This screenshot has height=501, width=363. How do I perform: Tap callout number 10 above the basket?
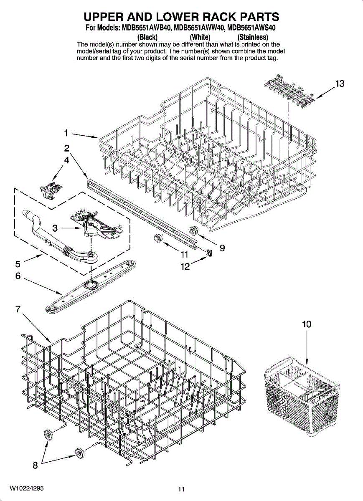click(x=307, y=324)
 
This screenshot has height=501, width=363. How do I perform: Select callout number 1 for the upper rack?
click(x=66, y=133)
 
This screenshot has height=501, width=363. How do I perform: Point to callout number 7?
click(x=18, y=309)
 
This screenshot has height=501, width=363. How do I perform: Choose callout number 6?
click(x=18, y=276)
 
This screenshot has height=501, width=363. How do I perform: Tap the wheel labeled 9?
click(x=193, y=230)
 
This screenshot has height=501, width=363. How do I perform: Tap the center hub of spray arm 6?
click(x=89, y=285)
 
